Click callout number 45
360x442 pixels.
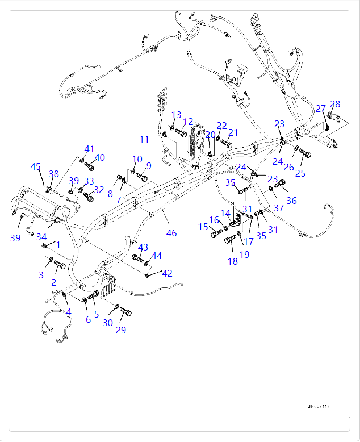tap(36, 166)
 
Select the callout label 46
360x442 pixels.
tap(171, 233)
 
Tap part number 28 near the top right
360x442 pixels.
tap(335, 104)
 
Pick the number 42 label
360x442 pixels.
tap(167, 273)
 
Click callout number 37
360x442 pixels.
tap(279, 209)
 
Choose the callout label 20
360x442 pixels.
tap(211, 135)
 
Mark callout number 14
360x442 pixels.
tap(225, 214)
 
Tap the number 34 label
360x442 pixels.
tap(41, 237)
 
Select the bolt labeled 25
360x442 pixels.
tap(305, 153)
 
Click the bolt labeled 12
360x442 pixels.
tap(181, 133)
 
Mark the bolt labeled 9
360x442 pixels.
tap(141, 178)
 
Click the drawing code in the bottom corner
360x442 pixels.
tap(319, 407)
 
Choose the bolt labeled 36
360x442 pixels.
tap(280, 184)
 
